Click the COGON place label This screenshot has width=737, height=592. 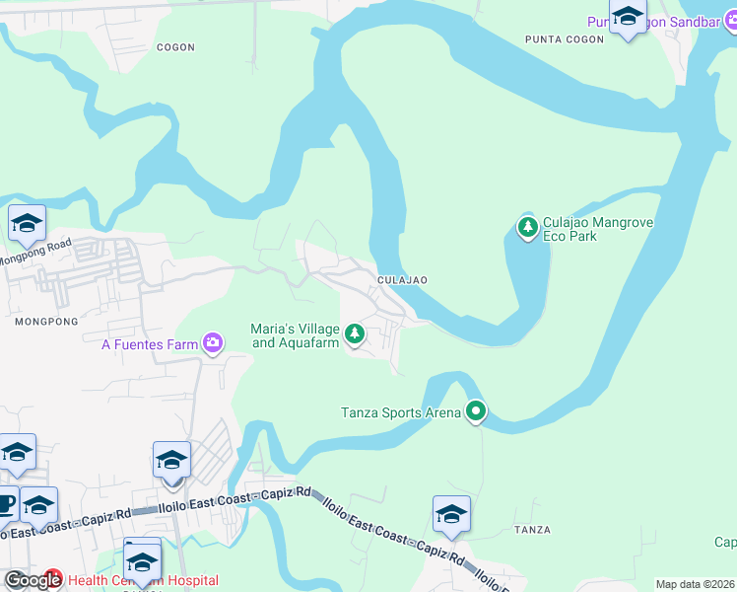tap(175, 46)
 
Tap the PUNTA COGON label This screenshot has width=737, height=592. tap(564, 39)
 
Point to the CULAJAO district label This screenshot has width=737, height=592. tap(400, 280)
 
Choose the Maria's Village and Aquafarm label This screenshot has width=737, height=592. tap(294, 335)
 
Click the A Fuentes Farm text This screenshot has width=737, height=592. tap(149, 343)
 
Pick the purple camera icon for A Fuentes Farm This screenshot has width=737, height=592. tap(213, 343)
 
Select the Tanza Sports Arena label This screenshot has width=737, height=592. tap(401, 412)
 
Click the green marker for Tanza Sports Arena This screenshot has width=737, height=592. tap(477, 410)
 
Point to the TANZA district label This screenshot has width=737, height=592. tap(525, 530)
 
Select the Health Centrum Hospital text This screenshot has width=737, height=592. tap(143, 580)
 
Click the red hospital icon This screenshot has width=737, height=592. tap(52, 580)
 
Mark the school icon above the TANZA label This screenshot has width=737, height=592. tap(451, 514)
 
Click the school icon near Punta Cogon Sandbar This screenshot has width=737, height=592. tap(628, 17)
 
